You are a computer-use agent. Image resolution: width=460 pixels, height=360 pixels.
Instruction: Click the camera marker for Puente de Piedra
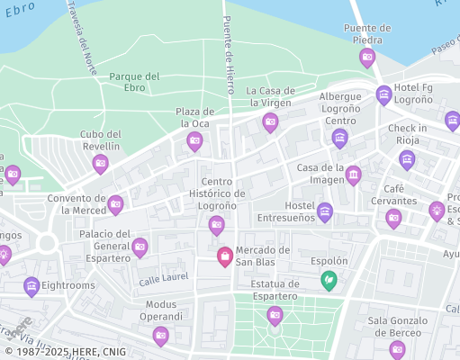[x=367, y=58]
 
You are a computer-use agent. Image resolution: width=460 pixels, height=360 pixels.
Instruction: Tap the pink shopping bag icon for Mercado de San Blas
[x=224, y=256]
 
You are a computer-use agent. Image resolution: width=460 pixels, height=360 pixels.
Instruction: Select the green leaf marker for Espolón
[x=330, y=280]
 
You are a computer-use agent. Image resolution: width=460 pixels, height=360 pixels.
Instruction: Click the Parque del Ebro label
[x=134, y=82]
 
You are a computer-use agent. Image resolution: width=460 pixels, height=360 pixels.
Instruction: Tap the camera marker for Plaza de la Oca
[x=194, y=140]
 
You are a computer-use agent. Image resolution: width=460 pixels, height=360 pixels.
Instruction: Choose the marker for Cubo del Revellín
[x=101, y=163]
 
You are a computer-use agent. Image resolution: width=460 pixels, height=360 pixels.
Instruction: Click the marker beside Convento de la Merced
[x=115, y=204]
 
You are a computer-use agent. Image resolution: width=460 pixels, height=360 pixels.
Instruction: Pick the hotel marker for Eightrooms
[x=32, y=287]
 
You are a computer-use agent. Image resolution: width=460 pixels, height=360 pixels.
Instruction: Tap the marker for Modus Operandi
[x=161, y=336]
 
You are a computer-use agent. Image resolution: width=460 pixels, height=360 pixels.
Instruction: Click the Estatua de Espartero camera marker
[x=275, y=314]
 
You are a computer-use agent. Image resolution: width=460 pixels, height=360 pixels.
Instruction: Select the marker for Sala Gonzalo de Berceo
[x=397, y=348]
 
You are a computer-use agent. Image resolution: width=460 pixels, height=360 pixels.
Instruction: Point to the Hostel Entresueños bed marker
[x=325, y=211]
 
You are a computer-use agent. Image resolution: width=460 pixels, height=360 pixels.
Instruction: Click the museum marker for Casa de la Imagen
[x=354, y=174]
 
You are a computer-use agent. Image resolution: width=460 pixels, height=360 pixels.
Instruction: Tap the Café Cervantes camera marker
[x=393, y=218]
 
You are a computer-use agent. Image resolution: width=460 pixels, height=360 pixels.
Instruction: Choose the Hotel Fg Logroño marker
[x=384, y=94]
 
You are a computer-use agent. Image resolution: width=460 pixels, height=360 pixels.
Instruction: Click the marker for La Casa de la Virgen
[x=270, y=122]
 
